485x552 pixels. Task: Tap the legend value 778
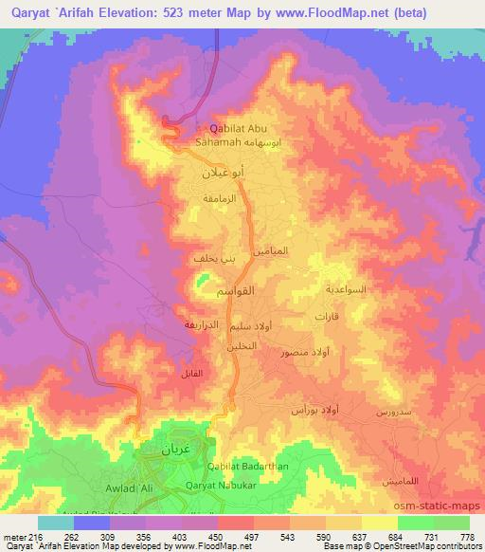(x=468, y=537)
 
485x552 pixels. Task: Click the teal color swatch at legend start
(x=56, y=523)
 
